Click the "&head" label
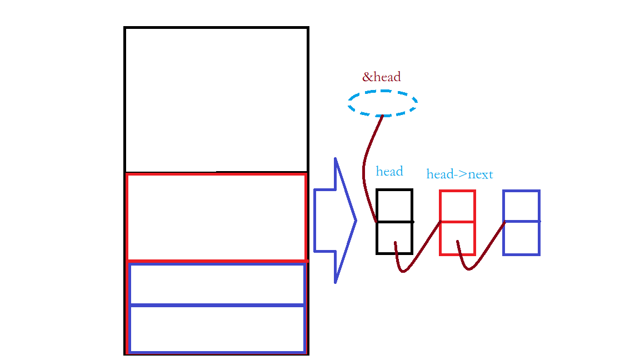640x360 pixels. click(x=381, y=77)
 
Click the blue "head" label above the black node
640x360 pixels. click(x=389, y=171)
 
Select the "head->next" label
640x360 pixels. click(x=459, y=174)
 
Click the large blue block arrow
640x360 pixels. click(x=334, y=221)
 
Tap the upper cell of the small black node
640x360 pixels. click(x=394, y=206)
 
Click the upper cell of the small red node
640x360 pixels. click(x=457, y=206)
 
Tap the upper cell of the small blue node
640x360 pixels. click(x=521, y=206)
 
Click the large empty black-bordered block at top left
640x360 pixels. click(x=216, y=99)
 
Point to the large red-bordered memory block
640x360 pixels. click(x=216, y=217)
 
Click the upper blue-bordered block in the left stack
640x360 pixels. click(x=217, y=284)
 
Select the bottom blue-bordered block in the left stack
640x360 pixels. click(x=217, y=329)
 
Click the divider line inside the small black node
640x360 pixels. click(x=394, y=222)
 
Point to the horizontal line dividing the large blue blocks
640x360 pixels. click(x=217, y=305)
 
